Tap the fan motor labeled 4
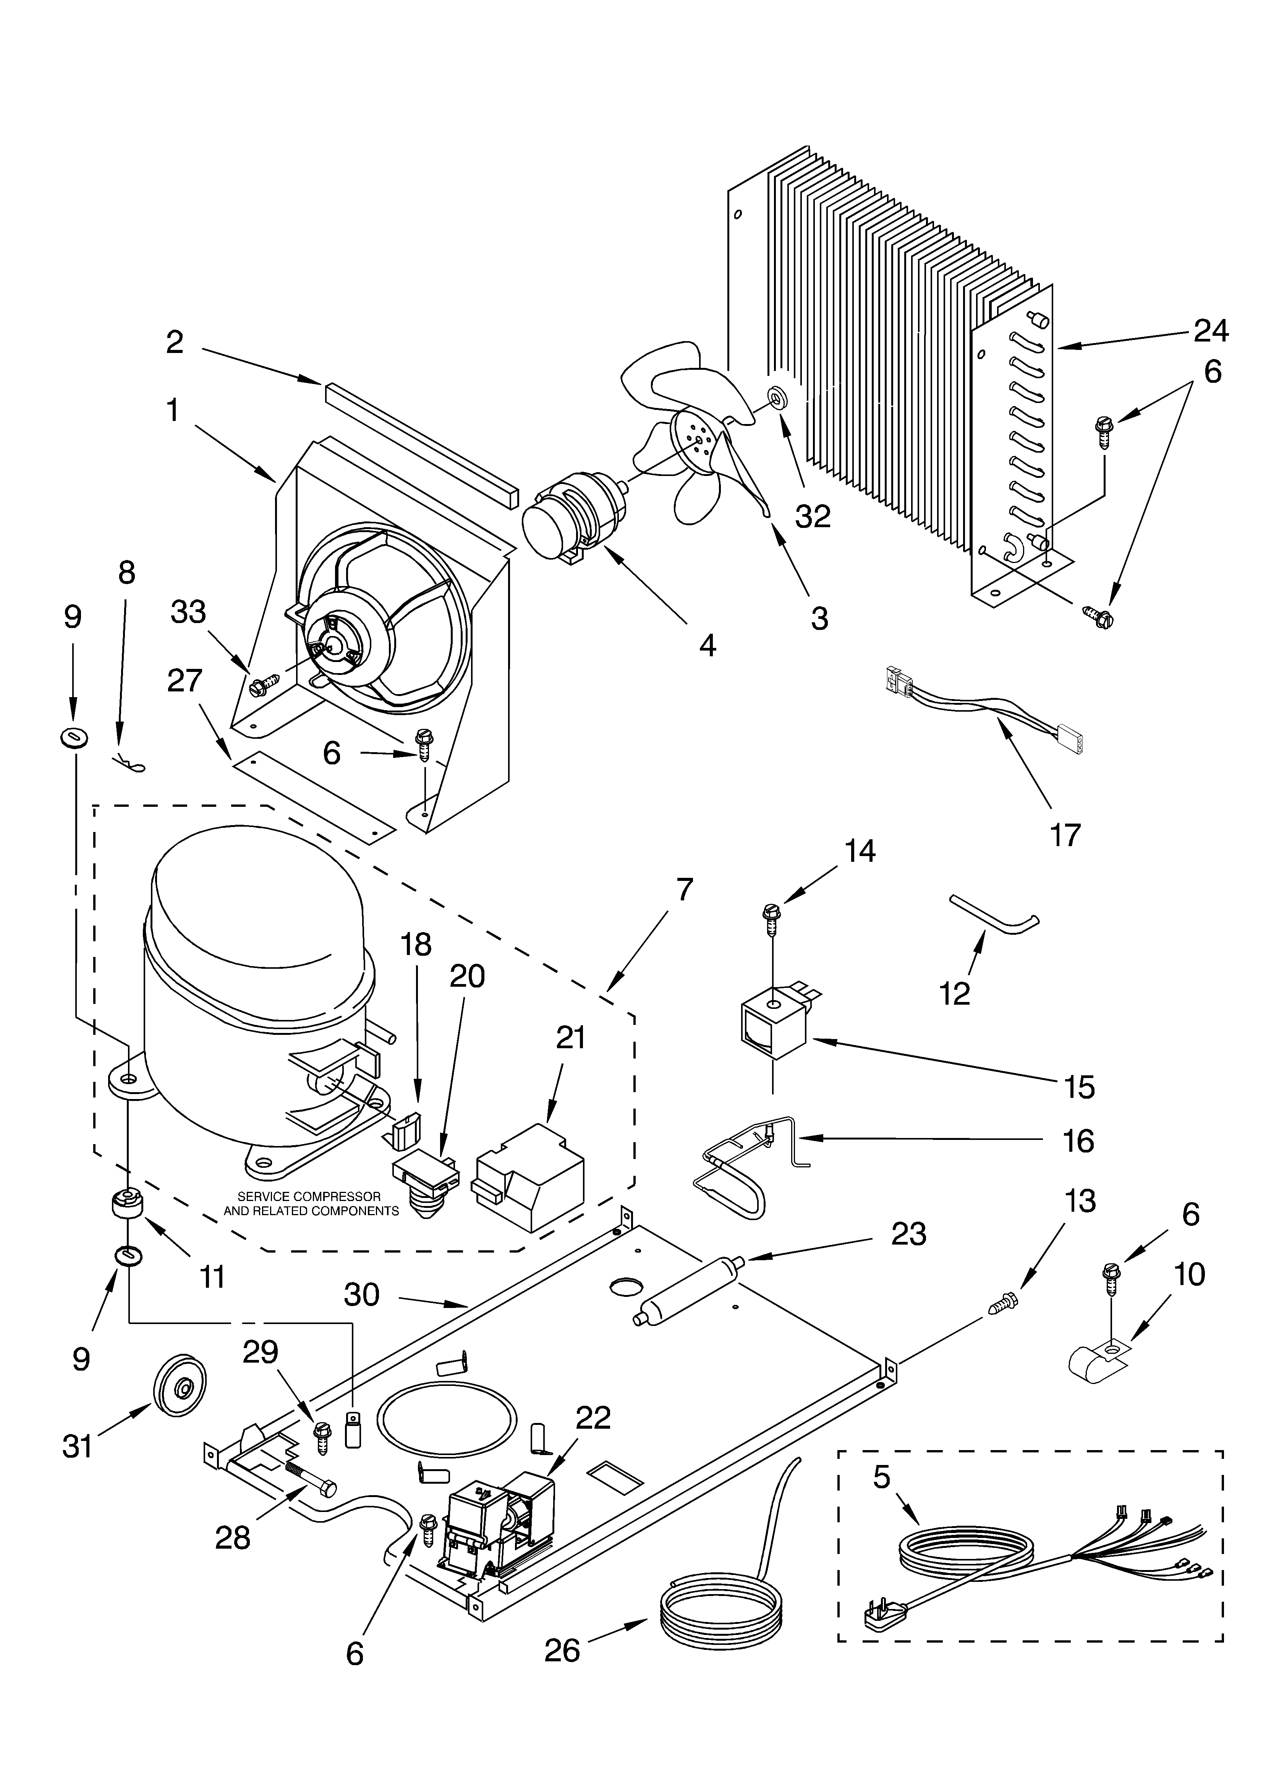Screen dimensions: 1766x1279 click(x=573, y=514)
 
